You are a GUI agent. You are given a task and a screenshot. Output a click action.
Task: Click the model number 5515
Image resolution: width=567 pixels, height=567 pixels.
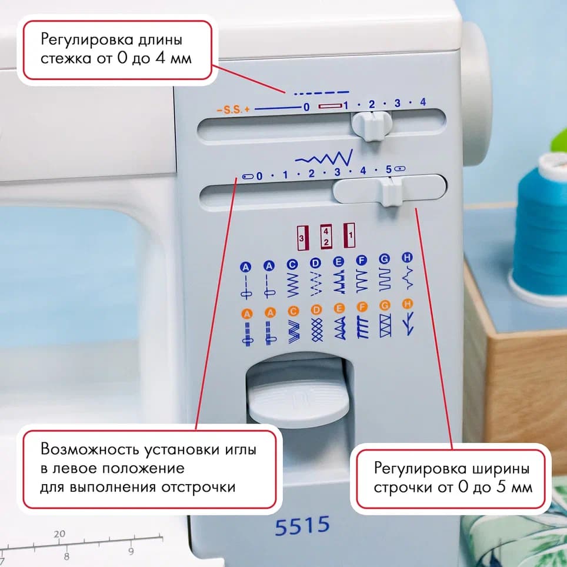(x=302, y=525)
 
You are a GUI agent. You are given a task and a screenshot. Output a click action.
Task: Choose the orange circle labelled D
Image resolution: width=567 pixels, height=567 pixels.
(x=316, y=309)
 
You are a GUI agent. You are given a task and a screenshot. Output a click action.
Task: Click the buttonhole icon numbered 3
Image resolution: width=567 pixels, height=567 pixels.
(x=302, y=237)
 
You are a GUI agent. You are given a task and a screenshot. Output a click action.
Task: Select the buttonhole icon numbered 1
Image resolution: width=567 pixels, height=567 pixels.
(x=349, y=234)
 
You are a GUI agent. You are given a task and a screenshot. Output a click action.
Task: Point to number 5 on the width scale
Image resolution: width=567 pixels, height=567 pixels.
(x=388, y=170)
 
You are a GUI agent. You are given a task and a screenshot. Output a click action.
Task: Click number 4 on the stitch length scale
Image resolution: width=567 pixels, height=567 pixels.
(x=422, y=104)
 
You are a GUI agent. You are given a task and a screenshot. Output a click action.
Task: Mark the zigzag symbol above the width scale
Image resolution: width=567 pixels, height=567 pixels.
(x=323, y=158)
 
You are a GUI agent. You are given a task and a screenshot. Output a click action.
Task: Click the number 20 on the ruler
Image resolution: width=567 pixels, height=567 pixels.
(x=59, y=535)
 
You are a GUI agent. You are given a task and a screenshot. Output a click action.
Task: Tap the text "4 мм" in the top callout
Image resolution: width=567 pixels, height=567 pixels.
(x=175, y=59)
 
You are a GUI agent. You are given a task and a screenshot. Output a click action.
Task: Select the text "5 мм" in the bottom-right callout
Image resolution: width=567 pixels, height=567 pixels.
(x=515, y=488)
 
